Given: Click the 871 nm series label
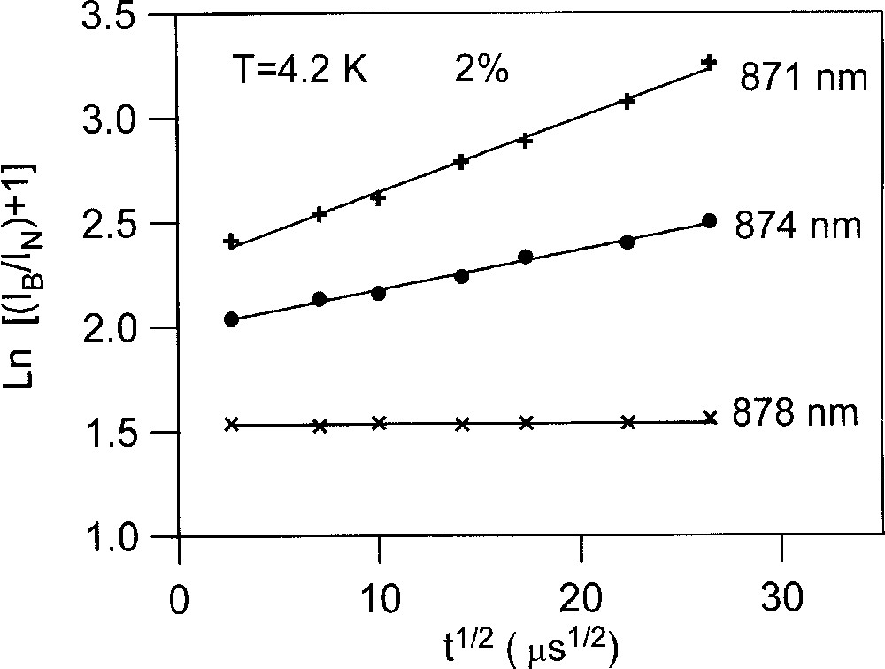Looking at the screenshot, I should (x=802, y=79).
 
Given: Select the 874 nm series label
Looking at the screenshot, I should (x=797, y=226).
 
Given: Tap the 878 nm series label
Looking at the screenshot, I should (x=795, y=414).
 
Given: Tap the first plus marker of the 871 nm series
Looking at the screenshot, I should (x=232, y=241).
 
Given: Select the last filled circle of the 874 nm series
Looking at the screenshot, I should (x=709, y=220).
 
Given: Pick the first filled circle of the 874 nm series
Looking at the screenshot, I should (x=232, y=319).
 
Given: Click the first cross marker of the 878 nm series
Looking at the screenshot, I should (x=232, y=425).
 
